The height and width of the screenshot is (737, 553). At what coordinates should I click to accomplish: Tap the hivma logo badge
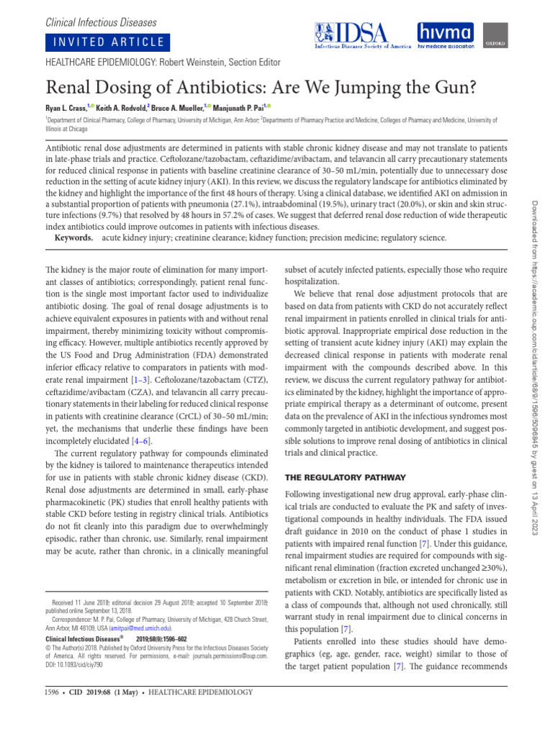pos(446,34)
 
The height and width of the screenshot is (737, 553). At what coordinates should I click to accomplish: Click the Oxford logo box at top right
pos(492,34)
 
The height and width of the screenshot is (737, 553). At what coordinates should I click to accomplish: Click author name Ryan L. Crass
pos(69,107)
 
